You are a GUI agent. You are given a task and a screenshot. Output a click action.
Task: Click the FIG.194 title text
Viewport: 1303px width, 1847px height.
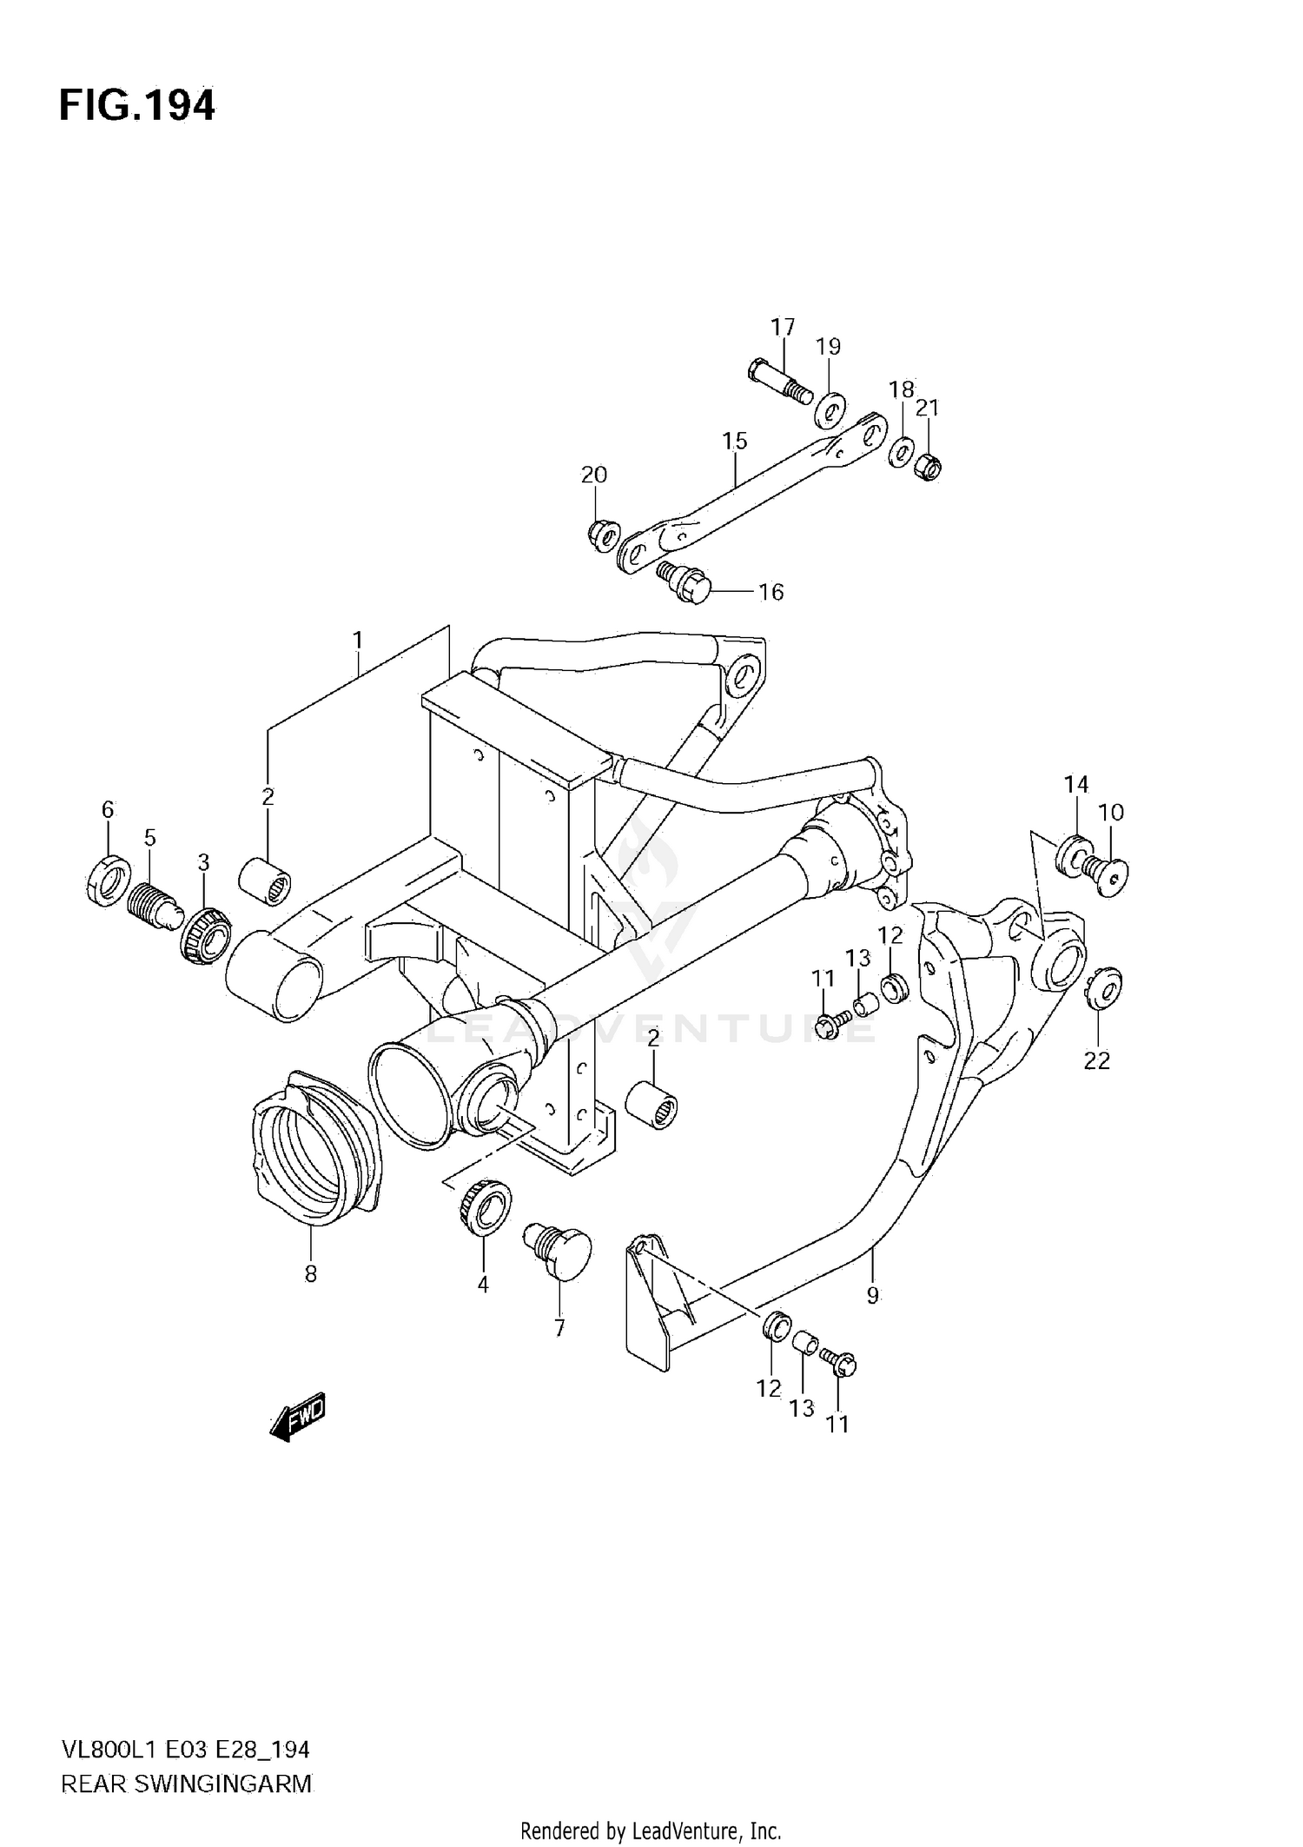pyautogui.click(x=137, y=106)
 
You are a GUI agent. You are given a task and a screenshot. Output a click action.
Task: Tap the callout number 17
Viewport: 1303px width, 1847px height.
pyautogui.click(x=783, y=328)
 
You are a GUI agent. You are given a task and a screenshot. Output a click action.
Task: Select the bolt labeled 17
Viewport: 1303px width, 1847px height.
pyautogui.click(x=777, y=383)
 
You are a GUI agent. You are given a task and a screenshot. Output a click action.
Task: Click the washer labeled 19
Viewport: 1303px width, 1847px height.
pyautogui.click(x=831, y=409)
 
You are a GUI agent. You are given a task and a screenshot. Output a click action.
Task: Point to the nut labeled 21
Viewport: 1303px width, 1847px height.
pyautogui.click(x=929, y=468)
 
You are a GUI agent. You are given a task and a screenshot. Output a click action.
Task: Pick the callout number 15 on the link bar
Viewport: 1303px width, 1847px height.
pyautogui.click(x=735, y=441)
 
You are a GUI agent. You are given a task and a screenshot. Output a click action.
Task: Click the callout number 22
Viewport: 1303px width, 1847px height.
pyautogui.click(x=1096, y=1061)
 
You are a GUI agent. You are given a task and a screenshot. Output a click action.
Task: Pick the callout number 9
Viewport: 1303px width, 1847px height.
pyautogui.click(x=873, y=1296)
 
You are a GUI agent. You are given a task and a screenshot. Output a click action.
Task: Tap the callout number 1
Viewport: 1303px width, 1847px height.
pyautogui.click(x=358, y=641)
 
